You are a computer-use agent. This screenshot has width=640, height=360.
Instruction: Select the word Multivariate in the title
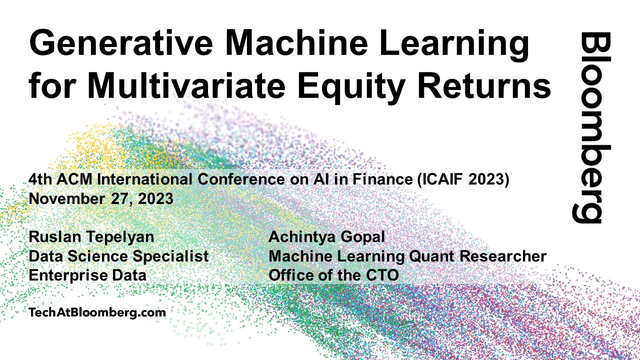click(x=186, y=85)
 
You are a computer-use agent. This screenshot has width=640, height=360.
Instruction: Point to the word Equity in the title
click(x=351, y=87)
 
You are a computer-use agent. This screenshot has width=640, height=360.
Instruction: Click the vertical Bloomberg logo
click(x=591, y=127)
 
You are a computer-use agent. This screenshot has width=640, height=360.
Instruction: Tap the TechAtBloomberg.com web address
click(x=97, y=312)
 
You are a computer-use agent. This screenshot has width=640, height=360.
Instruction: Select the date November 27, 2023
click(x=101, y=198)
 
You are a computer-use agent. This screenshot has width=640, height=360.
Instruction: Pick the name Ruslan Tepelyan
click(x=91, y=237)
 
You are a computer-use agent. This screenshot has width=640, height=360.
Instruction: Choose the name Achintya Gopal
click(x=326, y=237)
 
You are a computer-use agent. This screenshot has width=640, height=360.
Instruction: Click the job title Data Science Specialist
click(x=118, y=256)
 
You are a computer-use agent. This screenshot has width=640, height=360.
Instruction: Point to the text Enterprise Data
click(x=87, y=275)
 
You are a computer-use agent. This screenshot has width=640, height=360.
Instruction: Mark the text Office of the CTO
click(x=333, y=275)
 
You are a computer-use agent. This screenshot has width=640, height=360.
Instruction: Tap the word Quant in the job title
click(x=431, y=256)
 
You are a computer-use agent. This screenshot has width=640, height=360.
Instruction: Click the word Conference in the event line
click(x=241, y=179)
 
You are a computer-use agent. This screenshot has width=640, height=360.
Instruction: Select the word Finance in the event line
click(x=382, y=179)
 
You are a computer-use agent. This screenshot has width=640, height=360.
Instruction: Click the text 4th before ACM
click(x=40, y=179)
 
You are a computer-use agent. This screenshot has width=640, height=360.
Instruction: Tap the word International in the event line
click(x=144, y=179)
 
